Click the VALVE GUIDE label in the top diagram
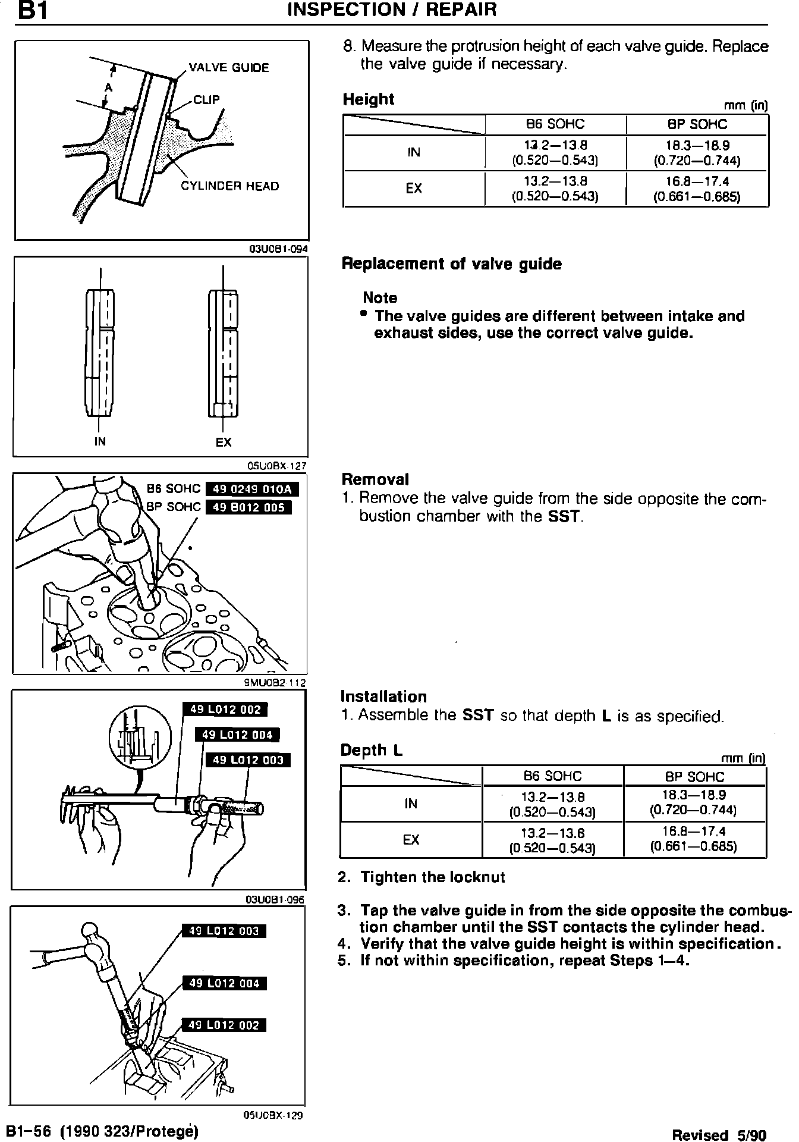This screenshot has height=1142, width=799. (x=228, y=68)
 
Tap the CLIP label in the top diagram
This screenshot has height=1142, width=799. (x=206, y=100)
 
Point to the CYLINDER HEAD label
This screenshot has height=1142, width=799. (x=229, y=186)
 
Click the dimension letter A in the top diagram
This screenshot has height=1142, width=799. (x=108, y=88)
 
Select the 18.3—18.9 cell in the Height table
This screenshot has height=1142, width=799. (x=697, y=153)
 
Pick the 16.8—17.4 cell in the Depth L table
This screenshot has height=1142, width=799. (x=694, y=839)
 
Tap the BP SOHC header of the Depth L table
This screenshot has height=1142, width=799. (x=694, y=777)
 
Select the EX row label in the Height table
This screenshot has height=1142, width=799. (x=414, y=189)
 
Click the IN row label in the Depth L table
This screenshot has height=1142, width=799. (x=411, y=804)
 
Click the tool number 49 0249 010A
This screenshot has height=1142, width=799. (x=251, y=490)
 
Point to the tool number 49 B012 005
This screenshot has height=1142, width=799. (x=248, y=507)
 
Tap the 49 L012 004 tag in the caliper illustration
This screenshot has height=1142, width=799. (x=237, y=735)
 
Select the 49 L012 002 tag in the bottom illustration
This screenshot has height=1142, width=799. (x=224, y=1025)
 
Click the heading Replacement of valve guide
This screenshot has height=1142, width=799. (x=451, y=264)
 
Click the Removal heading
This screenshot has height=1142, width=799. (x=375, y=479)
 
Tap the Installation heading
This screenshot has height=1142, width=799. (x=383, y=697)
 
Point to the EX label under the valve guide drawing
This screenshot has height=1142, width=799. (x=224, y=442)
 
